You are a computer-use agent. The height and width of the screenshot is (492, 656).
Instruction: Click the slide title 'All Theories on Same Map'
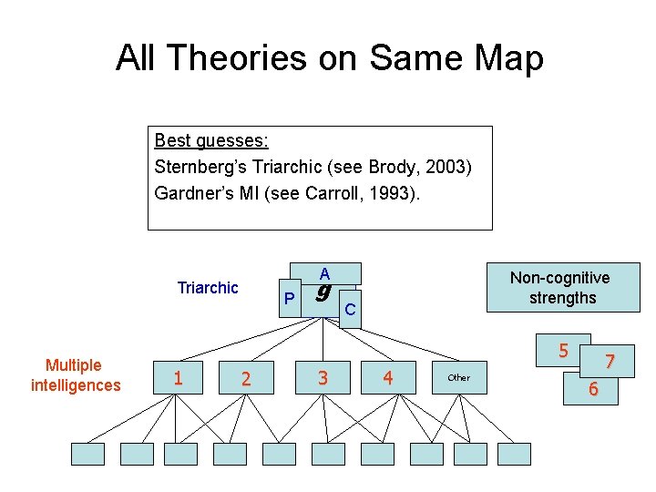click(x=329, y=58)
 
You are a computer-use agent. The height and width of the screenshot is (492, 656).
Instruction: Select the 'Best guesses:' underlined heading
click(x=211, y=141)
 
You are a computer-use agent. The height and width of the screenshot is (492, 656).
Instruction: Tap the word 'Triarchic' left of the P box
click(x=208, y=288)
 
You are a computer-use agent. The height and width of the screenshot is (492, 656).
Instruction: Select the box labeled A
click(x=325, y=272)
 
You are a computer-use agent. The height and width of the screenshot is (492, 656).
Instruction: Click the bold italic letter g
click(x=321, y=293)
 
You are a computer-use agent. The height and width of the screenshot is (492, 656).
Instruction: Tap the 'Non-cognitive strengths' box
click(x=559, y=288)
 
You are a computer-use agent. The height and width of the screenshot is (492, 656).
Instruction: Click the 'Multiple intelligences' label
click(x=75, y=375)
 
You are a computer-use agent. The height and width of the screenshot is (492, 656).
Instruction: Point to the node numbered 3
click(x=322, y=377)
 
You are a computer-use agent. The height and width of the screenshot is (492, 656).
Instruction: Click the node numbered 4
click(x=388, y=377)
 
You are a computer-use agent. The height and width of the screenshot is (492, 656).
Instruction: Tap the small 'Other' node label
click(x=459, y=377)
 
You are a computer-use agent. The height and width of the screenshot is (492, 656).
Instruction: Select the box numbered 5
click(x=563, y=351)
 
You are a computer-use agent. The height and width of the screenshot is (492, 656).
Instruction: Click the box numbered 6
click(x=593, y=389)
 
